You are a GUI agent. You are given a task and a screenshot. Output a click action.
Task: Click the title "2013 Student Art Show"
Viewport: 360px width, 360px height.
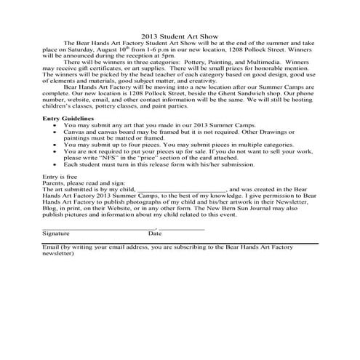coord(180,36)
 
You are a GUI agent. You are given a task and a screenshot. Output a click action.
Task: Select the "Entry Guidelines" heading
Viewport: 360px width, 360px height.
coord(68,117)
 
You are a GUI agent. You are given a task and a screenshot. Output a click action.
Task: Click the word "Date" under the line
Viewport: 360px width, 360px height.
coord(155,233)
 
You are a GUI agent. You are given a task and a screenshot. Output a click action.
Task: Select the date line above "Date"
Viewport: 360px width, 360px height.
coord(182,228)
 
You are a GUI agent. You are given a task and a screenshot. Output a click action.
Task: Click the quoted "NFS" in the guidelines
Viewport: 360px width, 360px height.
coord(116,158)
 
